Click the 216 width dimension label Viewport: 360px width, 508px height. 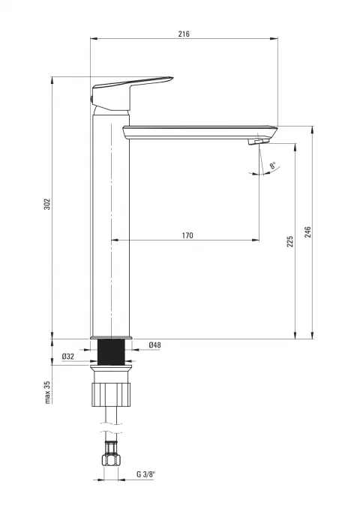[184, 34]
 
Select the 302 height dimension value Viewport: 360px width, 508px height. [47, 204]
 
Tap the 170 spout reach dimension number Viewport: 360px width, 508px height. [187, 235]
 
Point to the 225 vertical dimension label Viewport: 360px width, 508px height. [290, 242]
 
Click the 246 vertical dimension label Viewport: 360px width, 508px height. [307, 232]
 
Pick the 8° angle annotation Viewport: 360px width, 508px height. [273, 166]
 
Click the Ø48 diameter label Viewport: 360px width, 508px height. [154, 345]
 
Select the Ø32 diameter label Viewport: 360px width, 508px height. [68, 357]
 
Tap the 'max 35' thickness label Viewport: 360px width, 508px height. [48, 392]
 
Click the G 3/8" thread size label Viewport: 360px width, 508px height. [146, 474]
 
